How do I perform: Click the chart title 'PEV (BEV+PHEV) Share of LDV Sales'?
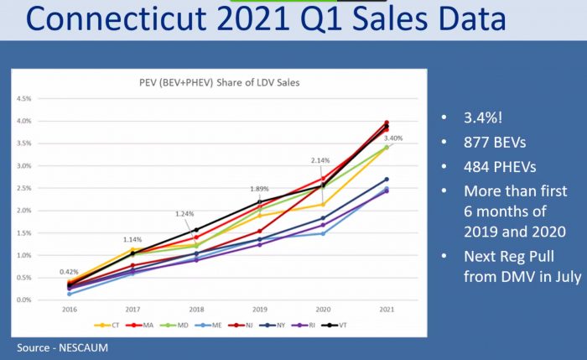click(x=220, y=82)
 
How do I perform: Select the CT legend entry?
click(x=106, y=325)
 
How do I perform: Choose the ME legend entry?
click(x=208, y=325)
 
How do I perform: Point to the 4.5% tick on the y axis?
click(x=24, y=99)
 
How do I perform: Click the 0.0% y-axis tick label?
click(x=24, y=300)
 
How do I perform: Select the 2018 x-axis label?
click(x=196, y=310)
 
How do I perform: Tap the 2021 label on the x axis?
click(x=387, y=310)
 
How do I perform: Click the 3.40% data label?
click(x=393, y=138)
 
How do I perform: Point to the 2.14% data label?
click(x=320, y=160)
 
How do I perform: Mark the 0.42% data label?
click(x=69, y=272)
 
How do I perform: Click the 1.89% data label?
click(x=259, y=189)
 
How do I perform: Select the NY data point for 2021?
click(x=387, y=180)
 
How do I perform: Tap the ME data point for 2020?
click(x=324, y=233)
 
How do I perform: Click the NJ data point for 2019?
click(x=260, y=231)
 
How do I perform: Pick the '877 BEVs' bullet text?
click(x=495, y=143)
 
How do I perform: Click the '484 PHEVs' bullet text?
click(x=500, y=167)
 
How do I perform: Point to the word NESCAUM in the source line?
click(x=83, y=347)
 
